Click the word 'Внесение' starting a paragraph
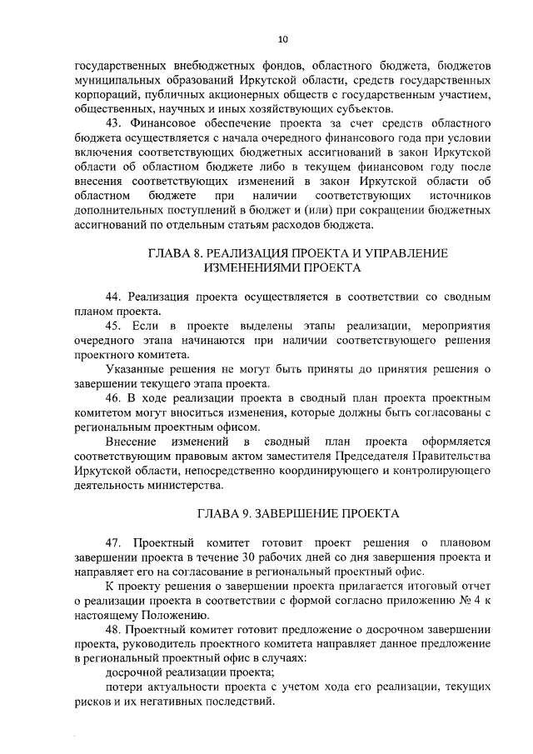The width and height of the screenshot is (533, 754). [x=136, y=441]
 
